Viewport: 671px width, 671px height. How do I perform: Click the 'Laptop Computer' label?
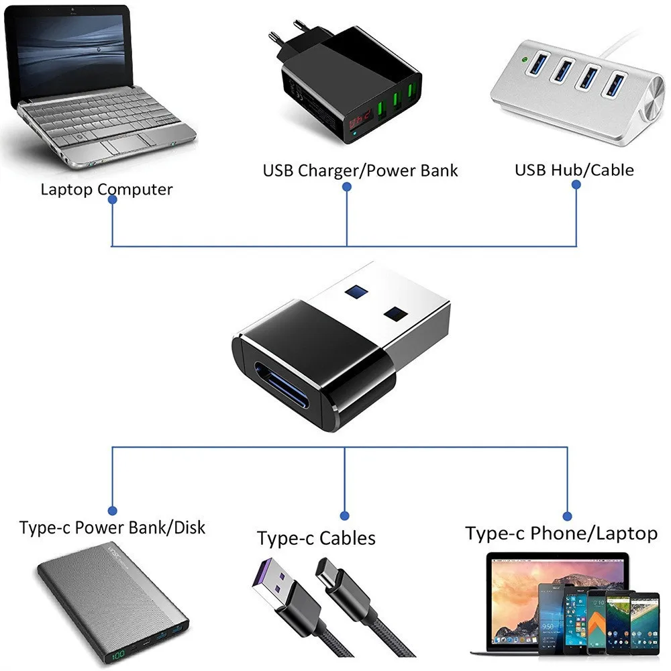106,189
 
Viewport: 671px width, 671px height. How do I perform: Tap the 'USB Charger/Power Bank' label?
360,170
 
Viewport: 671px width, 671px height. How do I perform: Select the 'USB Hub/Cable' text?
574,169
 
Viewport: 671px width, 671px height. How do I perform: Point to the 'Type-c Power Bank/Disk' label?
112,527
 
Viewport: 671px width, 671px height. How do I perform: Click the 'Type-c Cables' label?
316,537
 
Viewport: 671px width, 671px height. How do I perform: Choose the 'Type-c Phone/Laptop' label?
561,533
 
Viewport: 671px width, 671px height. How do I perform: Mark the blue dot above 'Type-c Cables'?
345,516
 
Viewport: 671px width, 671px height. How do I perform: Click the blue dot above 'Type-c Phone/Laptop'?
568,516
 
